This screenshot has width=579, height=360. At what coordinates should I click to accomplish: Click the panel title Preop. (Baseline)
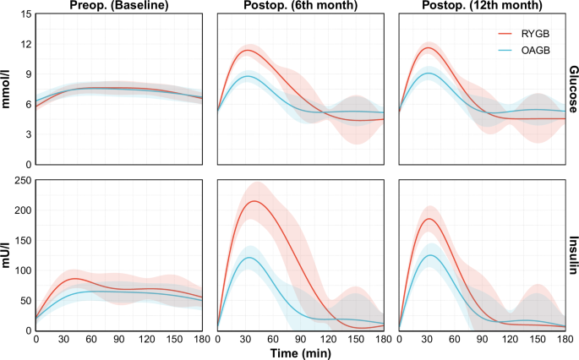(x=118, y=7)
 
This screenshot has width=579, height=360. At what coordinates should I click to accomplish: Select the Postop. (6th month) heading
(x=300, y=7)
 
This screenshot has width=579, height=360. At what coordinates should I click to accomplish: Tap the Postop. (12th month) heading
(x=482, y=7)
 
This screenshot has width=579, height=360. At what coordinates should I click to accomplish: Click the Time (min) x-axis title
(x=300, y=353)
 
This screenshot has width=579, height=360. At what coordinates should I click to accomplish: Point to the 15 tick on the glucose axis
(x=25, y=14)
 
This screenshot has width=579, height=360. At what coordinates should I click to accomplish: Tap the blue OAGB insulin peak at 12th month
(x=432, y=255)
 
